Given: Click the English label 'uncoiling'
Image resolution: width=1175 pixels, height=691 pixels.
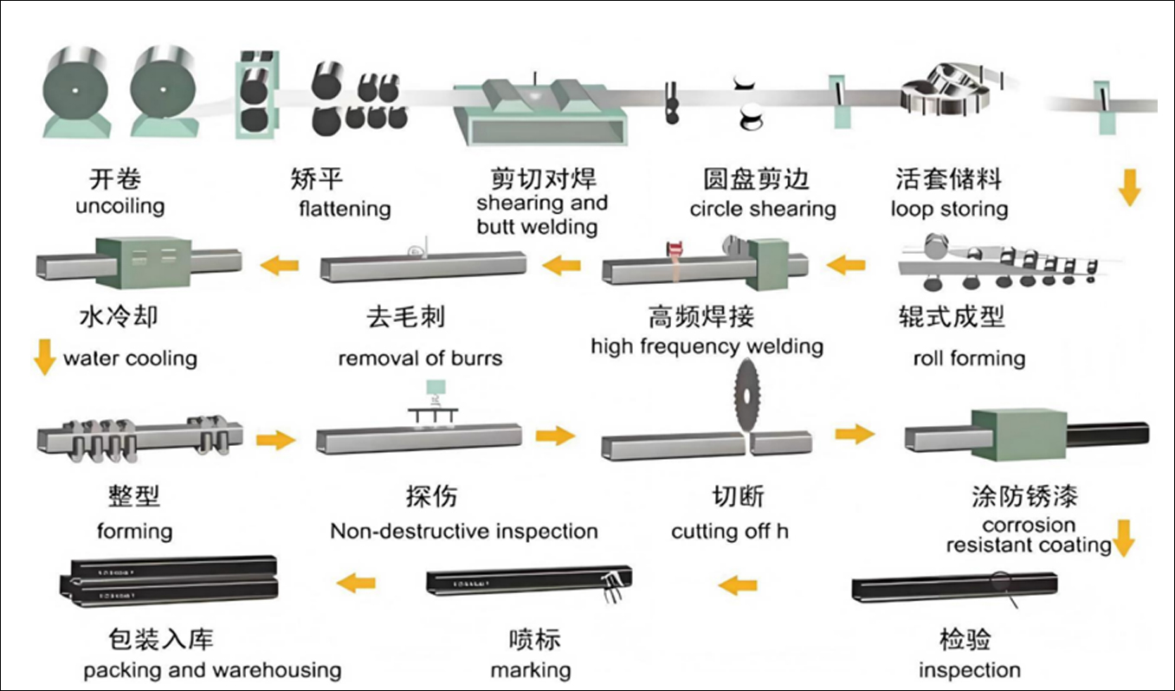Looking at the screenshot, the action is [120, 206].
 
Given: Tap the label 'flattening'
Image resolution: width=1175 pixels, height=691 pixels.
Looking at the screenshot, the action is [345, 209].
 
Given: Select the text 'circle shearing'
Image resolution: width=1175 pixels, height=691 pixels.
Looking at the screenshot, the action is [763, 209].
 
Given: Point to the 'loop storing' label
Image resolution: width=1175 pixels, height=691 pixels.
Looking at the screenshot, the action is [950, 209].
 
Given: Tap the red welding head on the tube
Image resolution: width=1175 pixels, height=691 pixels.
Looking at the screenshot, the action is [675, 249].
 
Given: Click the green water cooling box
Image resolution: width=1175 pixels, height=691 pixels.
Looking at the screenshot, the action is [143, 262].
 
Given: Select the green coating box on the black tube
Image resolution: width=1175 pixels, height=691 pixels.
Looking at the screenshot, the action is [1018, 436].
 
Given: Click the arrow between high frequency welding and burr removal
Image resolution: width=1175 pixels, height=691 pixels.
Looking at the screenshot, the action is [561, 265].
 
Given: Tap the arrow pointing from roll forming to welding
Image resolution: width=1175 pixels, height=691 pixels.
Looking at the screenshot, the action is [846, 265].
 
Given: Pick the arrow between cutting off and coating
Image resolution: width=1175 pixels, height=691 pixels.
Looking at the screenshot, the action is [855, 435].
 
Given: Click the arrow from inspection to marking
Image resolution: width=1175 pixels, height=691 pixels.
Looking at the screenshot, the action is [738, 584].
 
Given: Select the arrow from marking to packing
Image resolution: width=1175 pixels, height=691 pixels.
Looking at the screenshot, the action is [356, 583].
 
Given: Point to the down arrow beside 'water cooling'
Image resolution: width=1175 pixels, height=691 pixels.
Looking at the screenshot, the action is [45, 358].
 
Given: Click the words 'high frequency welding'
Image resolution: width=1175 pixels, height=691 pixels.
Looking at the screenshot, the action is [707, 347].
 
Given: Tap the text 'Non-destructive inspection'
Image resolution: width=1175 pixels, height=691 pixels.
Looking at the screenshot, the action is [464, 532].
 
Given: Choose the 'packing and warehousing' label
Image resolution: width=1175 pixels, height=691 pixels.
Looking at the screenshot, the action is [212, 670].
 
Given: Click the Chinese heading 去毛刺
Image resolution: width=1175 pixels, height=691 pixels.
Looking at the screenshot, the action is [405, 317].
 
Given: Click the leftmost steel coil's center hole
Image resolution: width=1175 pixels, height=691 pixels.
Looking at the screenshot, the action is [75, 90].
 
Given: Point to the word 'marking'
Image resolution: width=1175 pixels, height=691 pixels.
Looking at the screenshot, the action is [531, 670].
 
